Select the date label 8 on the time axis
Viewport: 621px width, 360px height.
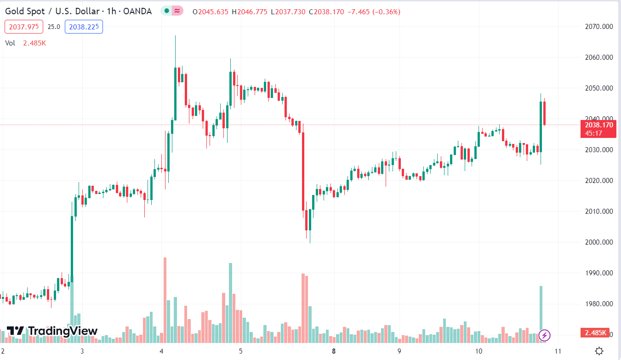(x=334, y=351)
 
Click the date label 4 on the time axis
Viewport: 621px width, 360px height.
(x=161, y=351)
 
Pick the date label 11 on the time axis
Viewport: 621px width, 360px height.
(x=558, y=351)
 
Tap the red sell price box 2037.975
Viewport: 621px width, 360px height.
(x=24, y=27)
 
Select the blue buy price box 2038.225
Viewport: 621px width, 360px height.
(x=84, y=27)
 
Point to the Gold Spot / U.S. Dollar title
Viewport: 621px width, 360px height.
(x=78, y=11)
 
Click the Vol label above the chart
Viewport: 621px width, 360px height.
(x=10, y=43)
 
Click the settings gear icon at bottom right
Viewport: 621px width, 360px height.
(x=599, y=351)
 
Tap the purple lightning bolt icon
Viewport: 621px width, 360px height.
(x=544, y=335)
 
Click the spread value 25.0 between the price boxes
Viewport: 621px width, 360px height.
(x=54, y=27)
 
